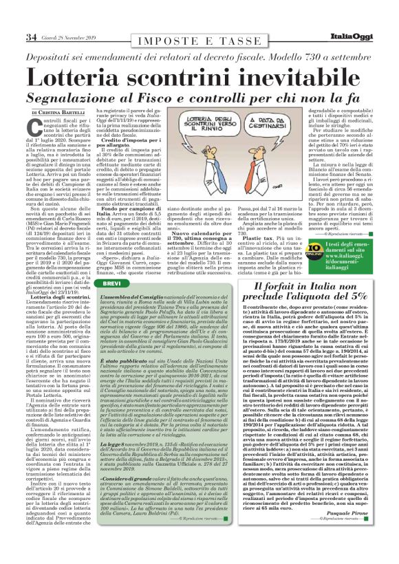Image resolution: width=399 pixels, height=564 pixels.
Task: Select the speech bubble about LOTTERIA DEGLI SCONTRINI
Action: tap(204, 127)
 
